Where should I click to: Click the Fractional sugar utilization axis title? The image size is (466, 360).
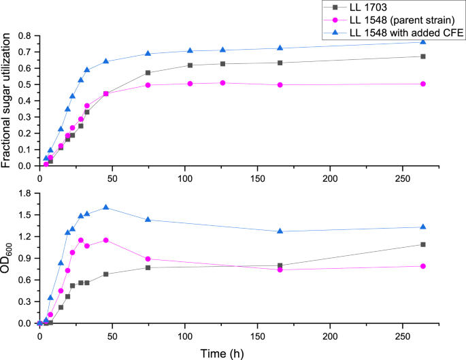(x=7, y=101)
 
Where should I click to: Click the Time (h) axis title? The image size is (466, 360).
(x=232, y=353)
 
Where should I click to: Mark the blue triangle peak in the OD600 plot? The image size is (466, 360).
(x=105, y=208)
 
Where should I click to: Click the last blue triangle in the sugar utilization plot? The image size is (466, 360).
(x=423, y=42)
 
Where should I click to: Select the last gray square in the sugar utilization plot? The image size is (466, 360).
(x=423, y=56)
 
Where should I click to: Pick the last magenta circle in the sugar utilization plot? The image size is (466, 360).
(x=423, y=84)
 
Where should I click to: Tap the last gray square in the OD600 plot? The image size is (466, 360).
(x=423, y=244)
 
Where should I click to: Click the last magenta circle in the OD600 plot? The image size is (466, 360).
(x=423, y=266)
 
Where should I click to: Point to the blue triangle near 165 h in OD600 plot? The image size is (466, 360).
(x=280, y=231)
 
